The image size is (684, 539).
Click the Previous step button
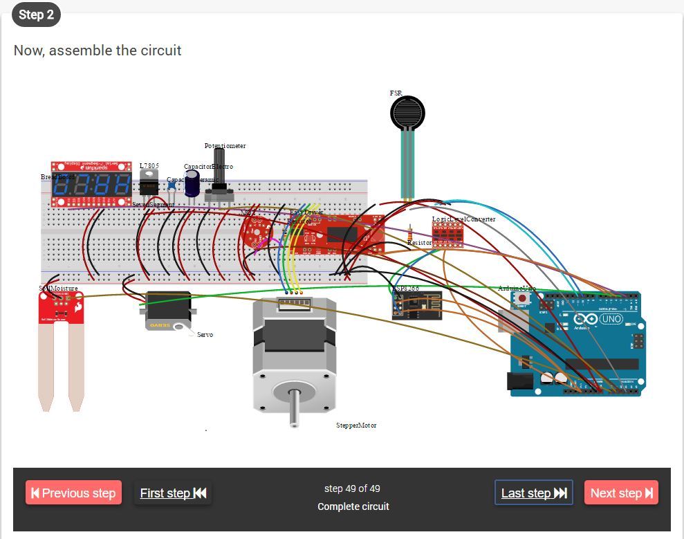tap(73, 493)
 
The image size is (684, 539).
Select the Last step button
tap(533, 493)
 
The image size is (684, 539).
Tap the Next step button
tap(621, 493)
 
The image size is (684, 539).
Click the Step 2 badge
tap(36, 15)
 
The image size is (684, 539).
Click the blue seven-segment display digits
tap(91, 185)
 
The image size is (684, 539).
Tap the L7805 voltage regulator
tap(149, 183)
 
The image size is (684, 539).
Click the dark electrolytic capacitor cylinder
tap(192, 184)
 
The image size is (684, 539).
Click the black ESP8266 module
tap(416, 304)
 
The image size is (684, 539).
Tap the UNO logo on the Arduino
tap(611, 320)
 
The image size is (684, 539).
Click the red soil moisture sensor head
tap(61, 309)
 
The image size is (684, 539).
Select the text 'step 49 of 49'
tap(352, 488)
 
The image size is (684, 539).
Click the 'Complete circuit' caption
tap(353, 506)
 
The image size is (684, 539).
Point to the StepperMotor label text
tap(356, 426)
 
